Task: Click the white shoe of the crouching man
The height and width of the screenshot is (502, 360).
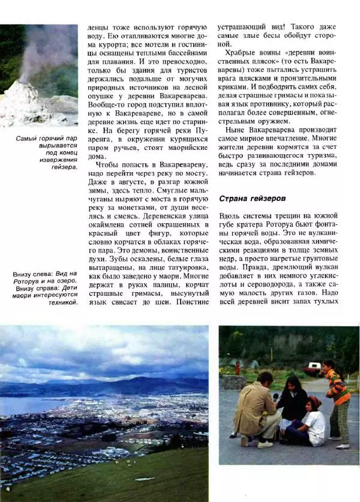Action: (x=265, y=444)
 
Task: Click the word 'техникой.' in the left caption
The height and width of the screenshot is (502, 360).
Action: (x=64, y=302)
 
